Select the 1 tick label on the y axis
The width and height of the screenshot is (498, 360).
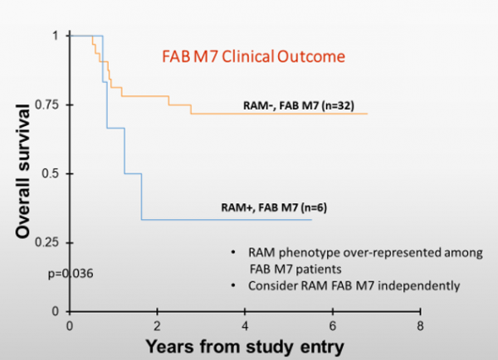56,36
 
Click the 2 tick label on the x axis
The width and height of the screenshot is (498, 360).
158,324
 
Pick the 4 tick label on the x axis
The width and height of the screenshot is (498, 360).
245,324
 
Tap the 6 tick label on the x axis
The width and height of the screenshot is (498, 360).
333,324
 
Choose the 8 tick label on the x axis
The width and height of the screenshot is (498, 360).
421,324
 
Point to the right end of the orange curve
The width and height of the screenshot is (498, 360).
367,114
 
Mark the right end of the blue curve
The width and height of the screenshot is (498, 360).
311,219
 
